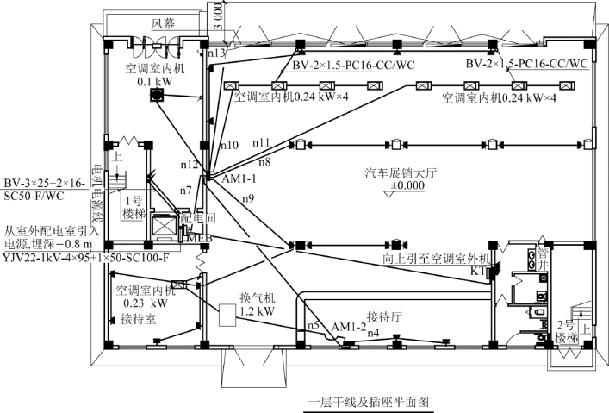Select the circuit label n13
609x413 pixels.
[216, 53]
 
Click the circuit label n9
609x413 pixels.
[248, 199]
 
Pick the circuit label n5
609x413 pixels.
[314, 325]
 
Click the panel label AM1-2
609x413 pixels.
[348, 327]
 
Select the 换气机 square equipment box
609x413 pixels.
[229, 316]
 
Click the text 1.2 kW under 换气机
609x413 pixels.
[258, 310]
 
